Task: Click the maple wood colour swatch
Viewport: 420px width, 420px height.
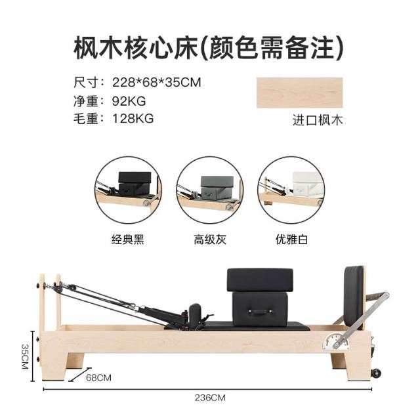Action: point(299,93)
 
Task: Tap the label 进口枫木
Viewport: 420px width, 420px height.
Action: point(318,120)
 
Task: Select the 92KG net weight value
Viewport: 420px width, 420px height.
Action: point(129,101)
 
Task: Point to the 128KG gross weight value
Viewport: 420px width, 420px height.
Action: point(133,118)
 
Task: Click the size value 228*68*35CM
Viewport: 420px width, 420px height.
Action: point(157,82)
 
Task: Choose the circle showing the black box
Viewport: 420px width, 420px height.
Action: point(129,190)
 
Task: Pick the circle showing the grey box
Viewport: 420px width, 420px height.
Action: point(210,190)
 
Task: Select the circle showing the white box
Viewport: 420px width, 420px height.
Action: point(291,190)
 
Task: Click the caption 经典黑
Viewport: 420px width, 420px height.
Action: point(128,239)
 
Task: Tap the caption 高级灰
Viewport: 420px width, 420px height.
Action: point(210,239)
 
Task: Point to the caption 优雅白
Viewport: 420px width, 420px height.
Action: point(291,239)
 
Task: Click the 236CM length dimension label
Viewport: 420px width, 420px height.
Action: point(210,398)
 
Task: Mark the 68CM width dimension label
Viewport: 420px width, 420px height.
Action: point(98,378)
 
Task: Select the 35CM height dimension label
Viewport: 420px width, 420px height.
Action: point(25,356)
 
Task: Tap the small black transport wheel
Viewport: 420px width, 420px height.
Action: point(375,373)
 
